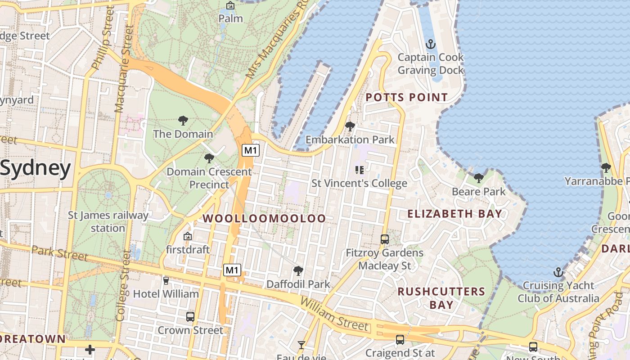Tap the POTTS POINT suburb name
[406, 97]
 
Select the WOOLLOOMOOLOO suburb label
[264, 219]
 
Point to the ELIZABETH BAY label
[454, 214]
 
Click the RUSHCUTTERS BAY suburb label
[441, 298]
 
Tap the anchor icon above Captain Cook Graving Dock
[431, 44]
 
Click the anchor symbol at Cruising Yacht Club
[558, 272]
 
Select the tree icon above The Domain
[183, 121]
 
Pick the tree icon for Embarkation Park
[350, 126]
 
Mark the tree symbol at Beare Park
[478, 178]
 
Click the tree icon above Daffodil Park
[298, 271]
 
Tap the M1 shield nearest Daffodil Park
[232, 270]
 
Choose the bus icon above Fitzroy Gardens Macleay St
[384, 239]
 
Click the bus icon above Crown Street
[190, 316]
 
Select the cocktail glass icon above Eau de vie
[301, 345]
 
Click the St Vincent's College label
[359, 183]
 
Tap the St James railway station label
[108, 221]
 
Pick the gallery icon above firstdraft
[188, 236]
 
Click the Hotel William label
[166, 294]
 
